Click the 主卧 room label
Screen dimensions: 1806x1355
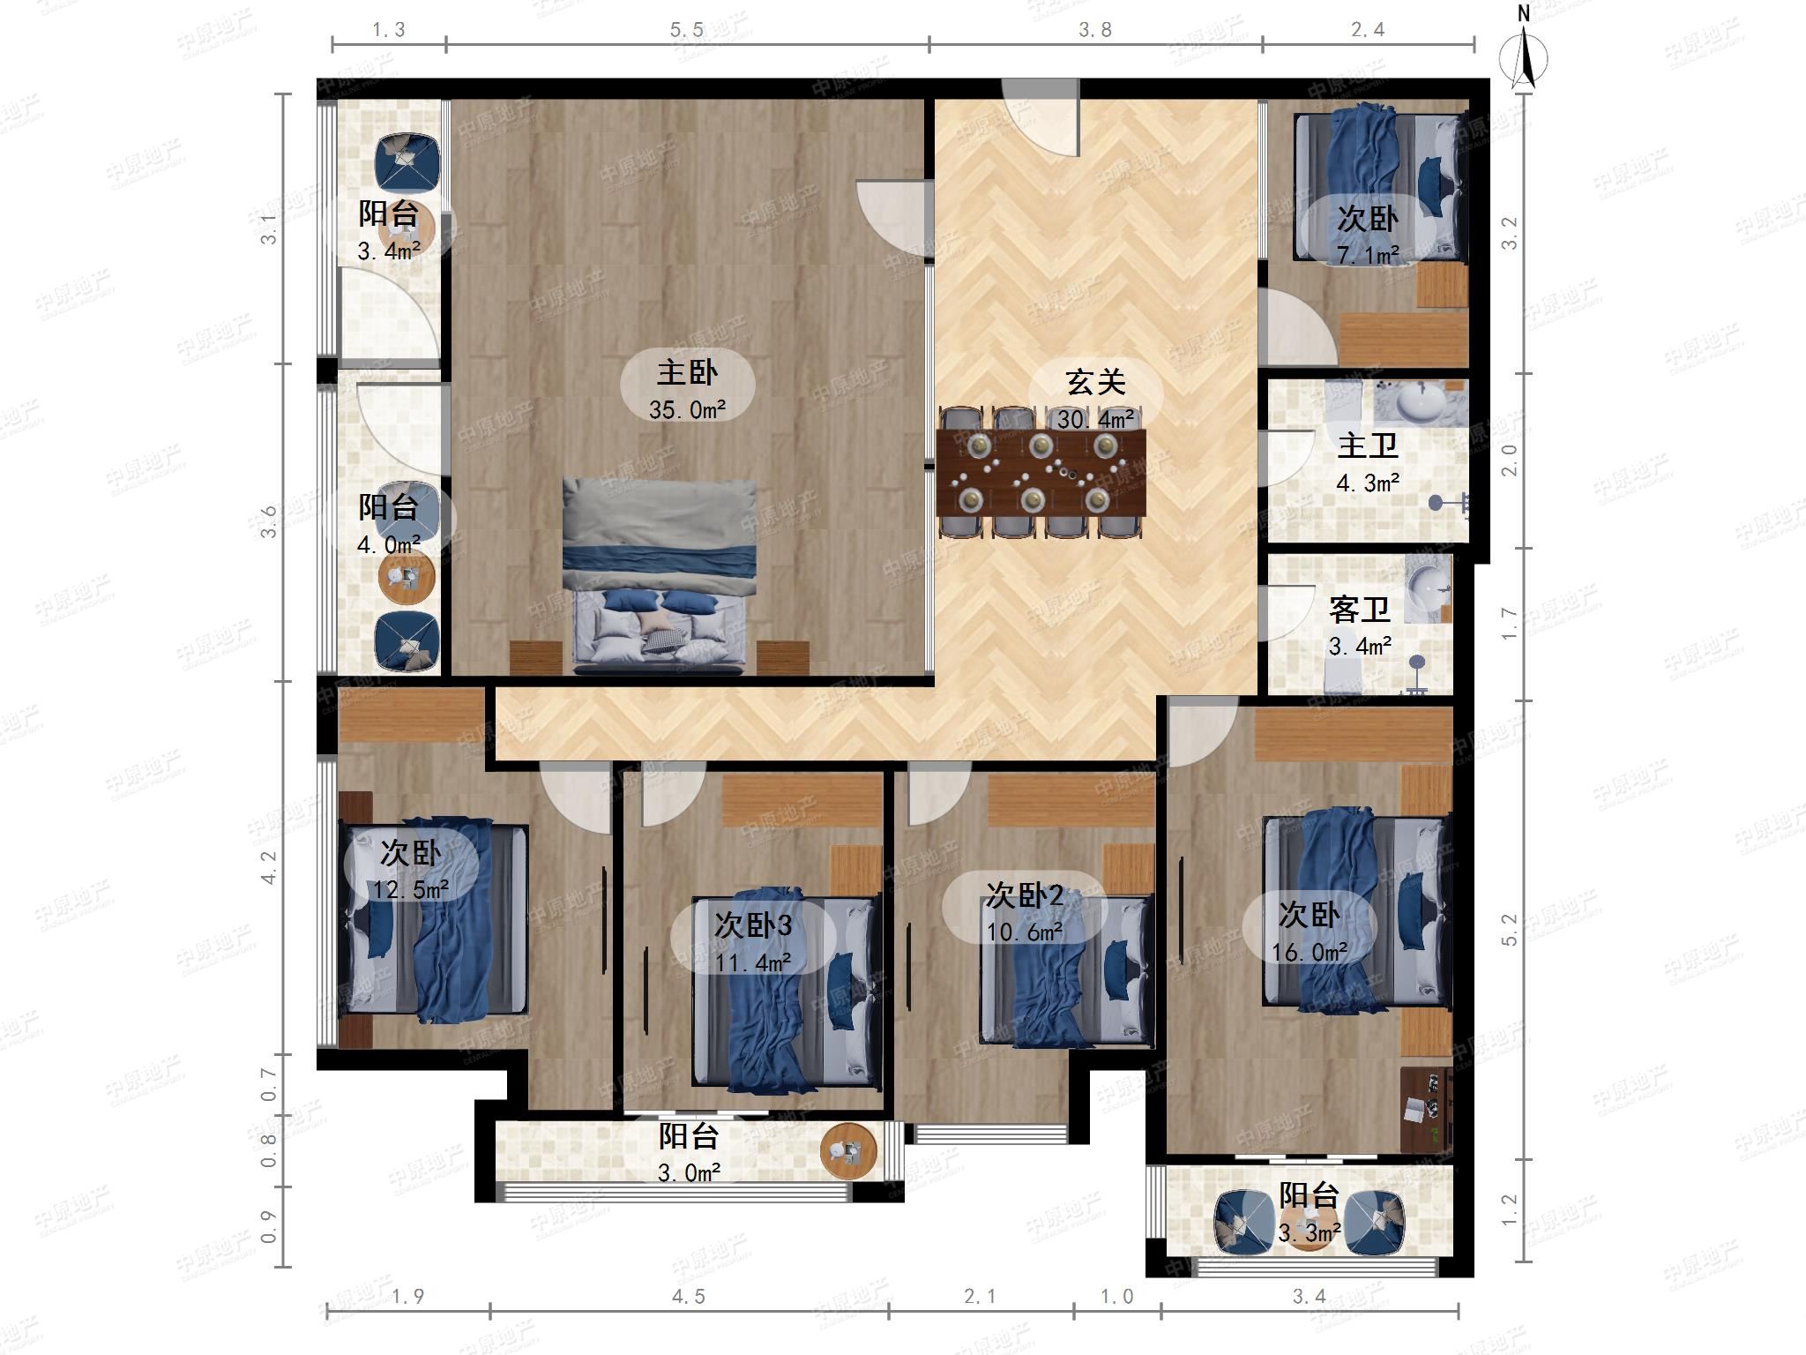[687, 372]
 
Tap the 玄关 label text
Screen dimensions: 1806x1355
[1095, 382]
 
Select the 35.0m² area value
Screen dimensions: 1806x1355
[687, 409]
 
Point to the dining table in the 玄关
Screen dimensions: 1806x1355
[1041, 473]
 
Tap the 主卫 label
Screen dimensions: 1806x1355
[1368, 445]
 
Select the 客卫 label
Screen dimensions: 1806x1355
[1360, 609]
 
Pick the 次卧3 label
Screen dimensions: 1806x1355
[753, 925]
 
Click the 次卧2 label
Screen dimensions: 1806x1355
[1025, 896]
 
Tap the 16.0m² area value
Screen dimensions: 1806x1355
[1310, 952]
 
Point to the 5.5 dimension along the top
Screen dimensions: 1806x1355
[687, 30]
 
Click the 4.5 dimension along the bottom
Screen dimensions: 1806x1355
[689, 1296]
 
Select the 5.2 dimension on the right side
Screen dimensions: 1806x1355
[1510, 930]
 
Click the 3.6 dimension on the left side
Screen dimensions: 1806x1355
[270, 522]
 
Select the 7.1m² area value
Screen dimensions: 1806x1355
[1368, 255]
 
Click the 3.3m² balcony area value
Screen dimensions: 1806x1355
[1310, 1232]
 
